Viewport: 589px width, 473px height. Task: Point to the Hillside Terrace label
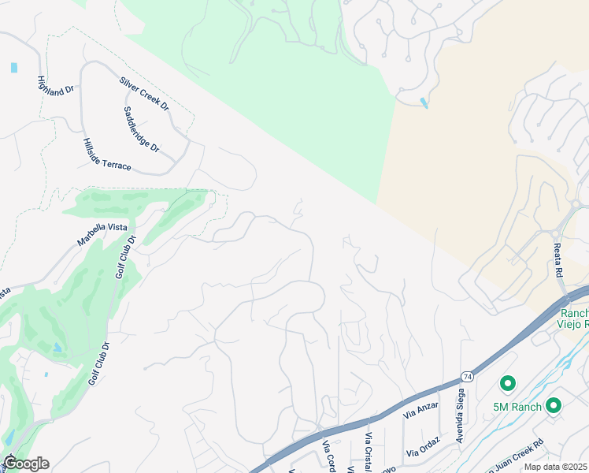coord(107,154)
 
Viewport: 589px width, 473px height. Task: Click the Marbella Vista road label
coord(102,233)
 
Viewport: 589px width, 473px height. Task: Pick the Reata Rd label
coord(558,259)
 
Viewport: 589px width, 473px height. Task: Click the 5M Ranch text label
coord(517,406)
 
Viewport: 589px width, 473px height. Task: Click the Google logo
coord(25,464)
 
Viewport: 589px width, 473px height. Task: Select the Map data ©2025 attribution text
coord(556,467)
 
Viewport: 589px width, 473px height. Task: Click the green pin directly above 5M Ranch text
coord(508,384)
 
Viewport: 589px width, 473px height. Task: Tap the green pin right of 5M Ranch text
coord(554,405)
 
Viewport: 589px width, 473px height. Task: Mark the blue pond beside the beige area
coord(424,102)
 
